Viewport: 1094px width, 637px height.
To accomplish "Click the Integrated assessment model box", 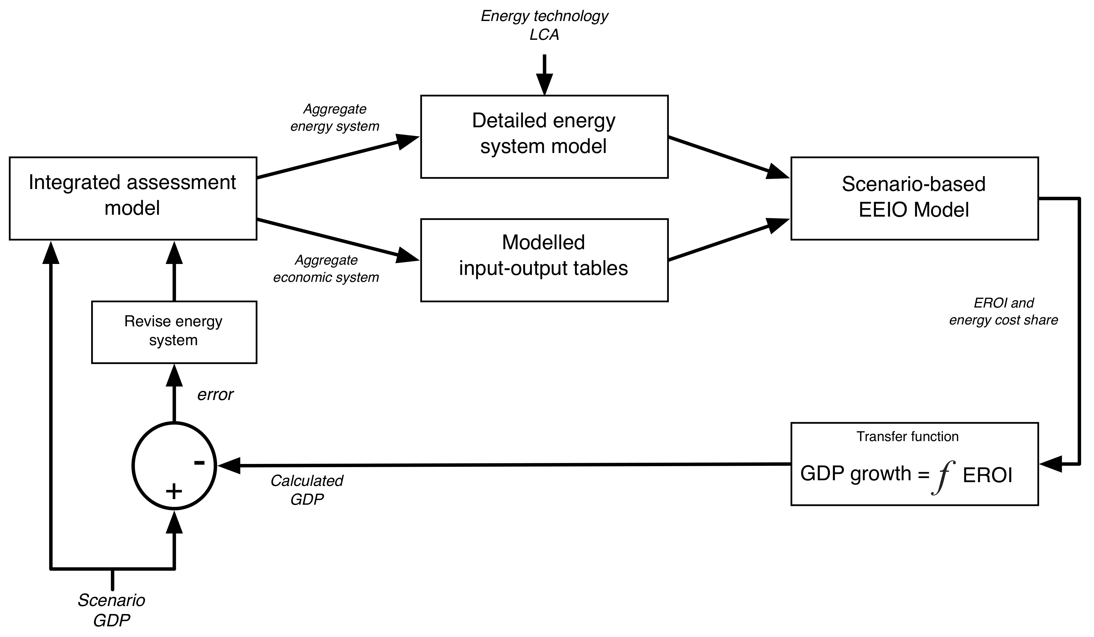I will [x=133, y=198].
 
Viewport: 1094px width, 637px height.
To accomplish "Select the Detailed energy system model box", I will [x=544, y=136].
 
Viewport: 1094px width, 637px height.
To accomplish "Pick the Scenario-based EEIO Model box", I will [x=914, y=198].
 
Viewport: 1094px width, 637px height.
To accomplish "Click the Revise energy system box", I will [x=174, y=332].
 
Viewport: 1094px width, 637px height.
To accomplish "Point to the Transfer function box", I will [x=914, y=464].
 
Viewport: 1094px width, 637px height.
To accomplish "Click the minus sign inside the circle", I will [x=199, y=462].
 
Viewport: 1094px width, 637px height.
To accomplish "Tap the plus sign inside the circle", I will [x=174, y=492].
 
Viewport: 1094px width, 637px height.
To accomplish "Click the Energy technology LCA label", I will [x=544, y=25].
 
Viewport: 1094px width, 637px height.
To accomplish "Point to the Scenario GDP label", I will [x=112, y=610].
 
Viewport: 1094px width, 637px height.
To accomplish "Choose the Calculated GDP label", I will [x=306, y=490].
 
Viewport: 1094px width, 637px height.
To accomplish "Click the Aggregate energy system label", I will [x=335, y=117].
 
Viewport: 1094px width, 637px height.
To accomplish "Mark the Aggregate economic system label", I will [x=326, y=269].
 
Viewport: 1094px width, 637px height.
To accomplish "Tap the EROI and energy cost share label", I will [x=1003, y=311].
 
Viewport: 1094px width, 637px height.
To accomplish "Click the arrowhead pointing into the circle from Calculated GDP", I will [x=229, y=466].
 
